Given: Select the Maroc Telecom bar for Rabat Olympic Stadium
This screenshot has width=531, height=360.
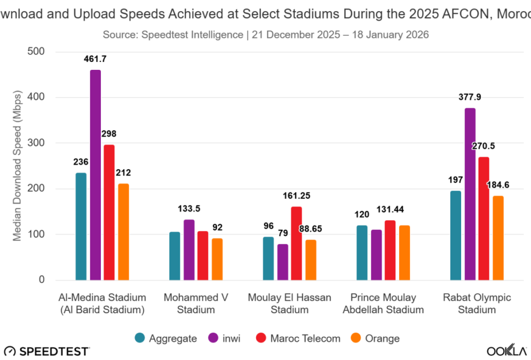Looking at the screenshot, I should tap(484, 219).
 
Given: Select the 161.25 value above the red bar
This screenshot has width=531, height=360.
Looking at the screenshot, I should tap(296, 196).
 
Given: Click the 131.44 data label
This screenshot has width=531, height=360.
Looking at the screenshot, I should tap(391, 209).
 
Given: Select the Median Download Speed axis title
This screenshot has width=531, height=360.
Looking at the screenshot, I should tap(18, 166).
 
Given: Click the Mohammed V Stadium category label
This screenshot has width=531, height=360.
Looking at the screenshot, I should tap(196, 303).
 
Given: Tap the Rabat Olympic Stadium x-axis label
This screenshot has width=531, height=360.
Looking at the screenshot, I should tap(477, 303).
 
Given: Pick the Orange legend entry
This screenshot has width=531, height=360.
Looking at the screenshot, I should tap(375, 338).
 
